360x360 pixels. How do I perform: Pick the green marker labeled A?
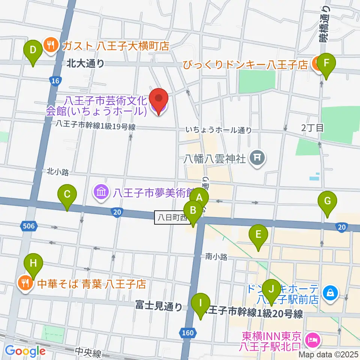click(x=199, y=197)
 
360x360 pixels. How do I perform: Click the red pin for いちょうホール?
click(x=159, y=99)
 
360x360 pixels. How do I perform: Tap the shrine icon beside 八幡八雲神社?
click(x=258, y=158)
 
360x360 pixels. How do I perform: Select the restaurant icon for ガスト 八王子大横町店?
click(x=50, y=46)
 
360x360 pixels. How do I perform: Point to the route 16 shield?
click(x=55, y=80)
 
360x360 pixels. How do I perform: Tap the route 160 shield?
click(x=190, y=332)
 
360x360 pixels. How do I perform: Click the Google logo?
click(x=25, y=351)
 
